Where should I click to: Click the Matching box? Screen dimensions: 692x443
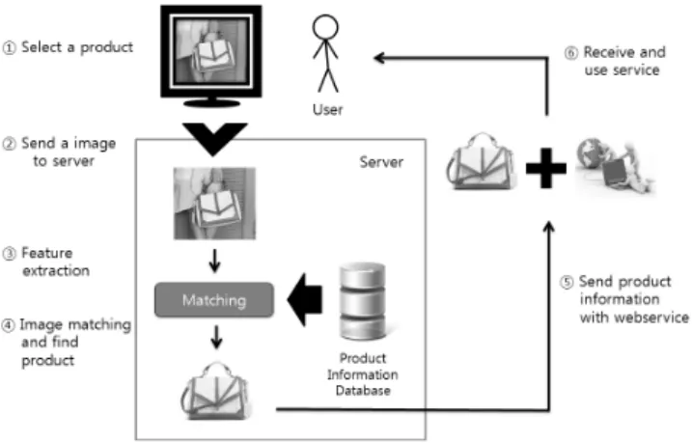[x=214, y=300]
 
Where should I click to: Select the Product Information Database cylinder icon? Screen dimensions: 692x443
[x=362, y=300]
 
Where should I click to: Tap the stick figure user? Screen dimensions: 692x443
[x=325, y=54]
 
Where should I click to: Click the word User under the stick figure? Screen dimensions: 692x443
[x=327, y=109]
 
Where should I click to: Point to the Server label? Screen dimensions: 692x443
[x=381, y=162]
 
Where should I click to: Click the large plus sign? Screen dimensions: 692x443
[x=546, y=169]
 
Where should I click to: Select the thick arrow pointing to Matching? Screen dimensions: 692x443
[x=305, y=300]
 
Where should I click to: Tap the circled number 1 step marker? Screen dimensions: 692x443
[x=9, y=47]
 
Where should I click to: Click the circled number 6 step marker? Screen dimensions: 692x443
[x=570, y=53]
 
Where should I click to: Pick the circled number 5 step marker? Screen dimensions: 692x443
[x=567, y=283]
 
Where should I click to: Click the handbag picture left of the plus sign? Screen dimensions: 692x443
[x=481, y=161]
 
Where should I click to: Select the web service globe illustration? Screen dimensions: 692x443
[x=615, y=166]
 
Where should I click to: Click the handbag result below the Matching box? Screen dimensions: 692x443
[x=215, y=391]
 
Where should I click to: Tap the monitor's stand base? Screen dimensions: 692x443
[x=211, y=103]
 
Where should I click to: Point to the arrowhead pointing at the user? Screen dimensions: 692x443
[x=378, y=57]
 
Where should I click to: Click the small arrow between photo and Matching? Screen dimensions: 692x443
[x=214, y=262]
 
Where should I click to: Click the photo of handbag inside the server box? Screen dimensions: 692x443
[x=214, y=204]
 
